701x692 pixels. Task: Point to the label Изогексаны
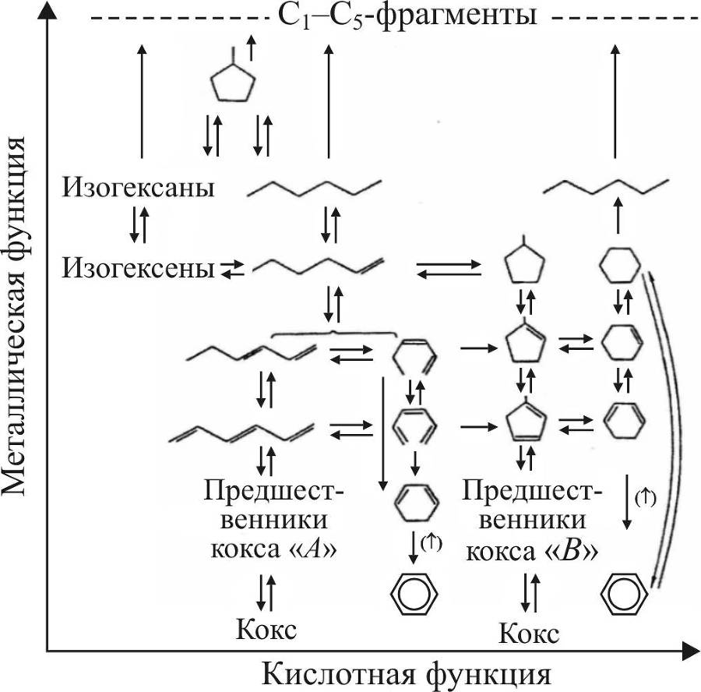(x=139, y=188)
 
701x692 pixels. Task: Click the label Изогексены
(x=139, y=268)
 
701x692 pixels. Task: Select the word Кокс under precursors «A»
(x=266, y=628)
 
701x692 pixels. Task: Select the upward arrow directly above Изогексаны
(x=141, y=101)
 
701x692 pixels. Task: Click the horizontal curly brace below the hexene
(x=332, y=334)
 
